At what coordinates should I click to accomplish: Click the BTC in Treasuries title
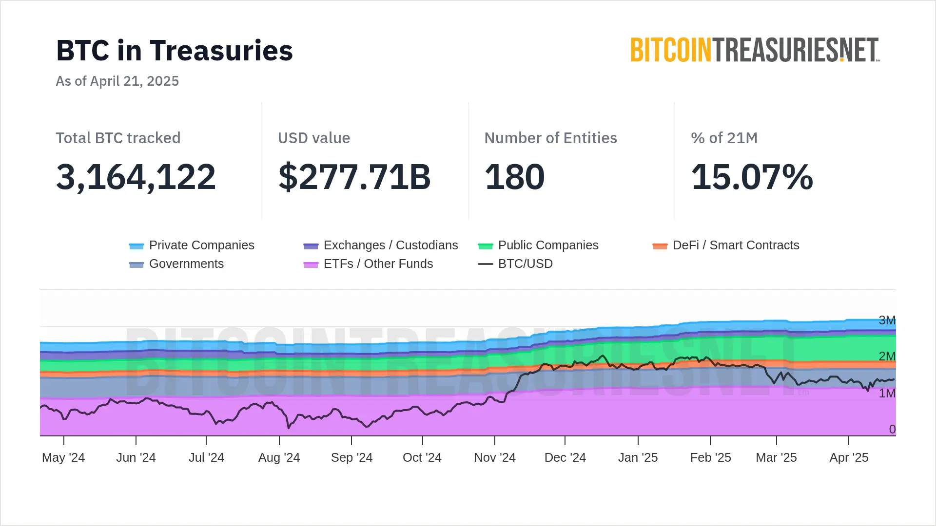click(x=175, y=51)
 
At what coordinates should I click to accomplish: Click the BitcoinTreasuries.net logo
click(x=755, y=50)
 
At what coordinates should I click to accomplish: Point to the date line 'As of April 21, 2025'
click(x=117, y=81)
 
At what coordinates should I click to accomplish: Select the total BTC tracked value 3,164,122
click(x=136, y=176)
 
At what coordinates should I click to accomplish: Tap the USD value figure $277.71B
click(x=354, y=176)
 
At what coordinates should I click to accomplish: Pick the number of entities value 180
click(x=514, y=176)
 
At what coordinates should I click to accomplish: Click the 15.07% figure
click(x=752, y=176)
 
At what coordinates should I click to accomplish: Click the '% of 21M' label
click(x=724, y=138)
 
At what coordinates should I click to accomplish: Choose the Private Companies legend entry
click(x=192, y=245)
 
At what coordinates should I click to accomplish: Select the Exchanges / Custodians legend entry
click(x=381, y=245)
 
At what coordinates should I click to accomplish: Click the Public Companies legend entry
click(x=538, y=245)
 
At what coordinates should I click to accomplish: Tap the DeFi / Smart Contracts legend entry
click(x=726, y=245)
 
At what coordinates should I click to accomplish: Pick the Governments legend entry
click(x=176, y=264)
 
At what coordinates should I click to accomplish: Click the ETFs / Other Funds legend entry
click(x=368, y=264)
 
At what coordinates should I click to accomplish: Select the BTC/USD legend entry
click(x=516, y=264)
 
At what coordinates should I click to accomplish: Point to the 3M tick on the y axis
click(x=887, y=320)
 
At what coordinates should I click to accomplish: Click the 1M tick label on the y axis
click(x=887, y=393)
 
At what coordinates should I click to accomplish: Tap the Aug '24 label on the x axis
click(x=279, y=458)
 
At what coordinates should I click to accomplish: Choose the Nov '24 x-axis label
click(x=495, y=458)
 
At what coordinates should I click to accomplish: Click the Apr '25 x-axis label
click(x=849, y=458)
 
